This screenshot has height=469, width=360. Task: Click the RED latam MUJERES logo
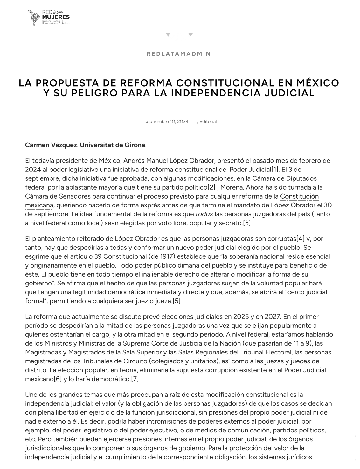(49, 17)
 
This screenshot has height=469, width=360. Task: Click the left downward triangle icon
(168, 35)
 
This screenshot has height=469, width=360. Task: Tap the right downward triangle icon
(190, 35)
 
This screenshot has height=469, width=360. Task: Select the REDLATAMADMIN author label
(179, 54)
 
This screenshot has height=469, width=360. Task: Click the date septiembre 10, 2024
(166, 122)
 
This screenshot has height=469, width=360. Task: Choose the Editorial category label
(208, 122)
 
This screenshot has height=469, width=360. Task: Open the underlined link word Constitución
(299, 196)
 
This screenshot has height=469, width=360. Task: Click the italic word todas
(204, 214)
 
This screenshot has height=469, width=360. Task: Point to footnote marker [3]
(247, 223)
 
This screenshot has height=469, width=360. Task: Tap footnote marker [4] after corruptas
(301, 238)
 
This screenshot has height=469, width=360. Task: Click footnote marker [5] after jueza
(177, 301)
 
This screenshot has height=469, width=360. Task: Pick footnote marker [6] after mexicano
(58, 379)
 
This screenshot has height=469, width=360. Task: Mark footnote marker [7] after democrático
(135, 379)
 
